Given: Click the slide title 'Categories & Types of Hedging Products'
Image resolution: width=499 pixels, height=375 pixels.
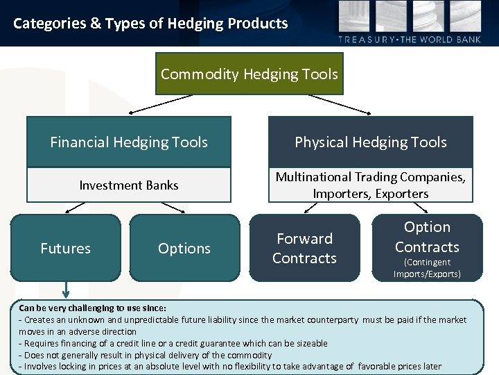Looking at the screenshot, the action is (150, 24).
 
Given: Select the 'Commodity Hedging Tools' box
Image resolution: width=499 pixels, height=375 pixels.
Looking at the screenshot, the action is (249, 74).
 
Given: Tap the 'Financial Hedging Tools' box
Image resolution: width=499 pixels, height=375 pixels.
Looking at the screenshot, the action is (129, 142).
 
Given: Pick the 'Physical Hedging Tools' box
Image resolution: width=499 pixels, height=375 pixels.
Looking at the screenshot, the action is (371, 142).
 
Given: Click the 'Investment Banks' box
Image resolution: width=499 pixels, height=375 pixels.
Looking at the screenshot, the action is (129, 185).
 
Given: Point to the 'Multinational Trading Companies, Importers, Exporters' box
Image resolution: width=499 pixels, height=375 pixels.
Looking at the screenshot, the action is (371, 185).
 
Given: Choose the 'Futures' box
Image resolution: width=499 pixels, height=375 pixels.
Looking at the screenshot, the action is (66, 248).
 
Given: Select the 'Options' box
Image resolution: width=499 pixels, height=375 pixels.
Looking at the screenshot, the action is (184, 248).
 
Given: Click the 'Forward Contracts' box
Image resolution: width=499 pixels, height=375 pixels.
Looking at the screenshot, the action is (304, 248).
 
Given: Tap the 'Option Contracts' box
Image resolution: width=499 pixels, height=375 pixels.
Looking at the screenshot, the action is (427, 237).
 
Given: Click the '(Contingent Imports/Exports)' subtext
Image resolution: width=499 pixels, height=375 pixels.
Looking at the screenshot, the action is (427, 268).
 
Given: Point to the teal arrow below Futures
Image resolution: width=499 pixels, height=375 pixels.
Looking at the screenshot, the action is (66, 290).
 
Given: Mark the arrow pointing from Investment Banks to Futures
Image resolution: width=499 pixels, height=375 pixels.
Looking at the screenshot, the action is (76, 207).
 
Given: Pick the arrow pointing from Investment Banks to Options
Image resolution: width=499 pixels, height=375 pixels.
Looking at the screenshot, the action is (173, 207).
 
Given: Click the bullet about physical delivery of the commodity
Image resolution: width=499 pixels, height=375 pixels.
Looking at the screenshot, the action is (146, 355).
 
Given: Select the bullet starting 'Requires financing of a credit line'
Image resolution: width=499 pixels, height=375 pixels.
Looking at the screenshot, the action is (173, 343).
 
